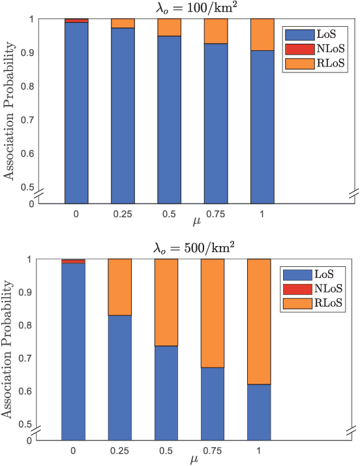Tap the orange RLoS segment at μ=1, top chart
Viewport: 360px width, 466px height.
(x=262, y=34)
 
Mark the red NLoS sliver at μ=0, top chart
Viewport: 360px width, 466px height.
(x=76, y=21)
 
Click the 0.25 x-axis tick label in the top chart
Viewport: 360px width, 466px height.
(x=123, y=213)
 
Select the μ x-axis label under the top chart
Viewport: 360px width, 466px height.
(x=196, y=222)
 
